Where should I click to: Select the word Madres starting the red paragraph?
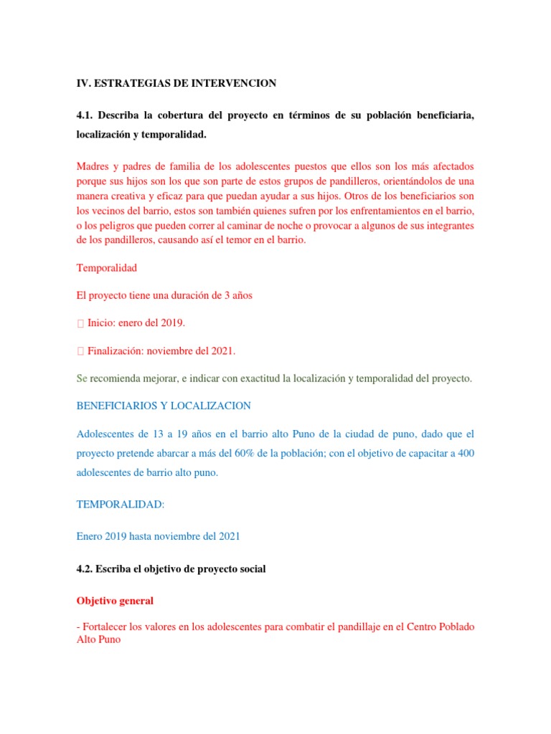(x=93, y=166)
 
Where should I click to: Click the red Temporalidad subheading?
(x=106, y=267)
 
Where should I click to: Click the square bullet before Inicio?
(x=80, y=323)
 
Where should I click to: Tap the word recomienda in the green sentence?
(x=122, y=378)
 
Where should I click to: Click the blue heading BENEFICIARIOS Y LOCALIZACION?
(x=164, y=406)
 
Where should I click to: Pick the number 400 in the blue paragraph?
(x=466, y=453)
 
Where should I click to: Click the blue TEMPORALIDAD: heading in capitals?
(x=121, y=505)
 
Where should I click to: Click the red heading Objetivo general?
(x=115, y=600)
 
